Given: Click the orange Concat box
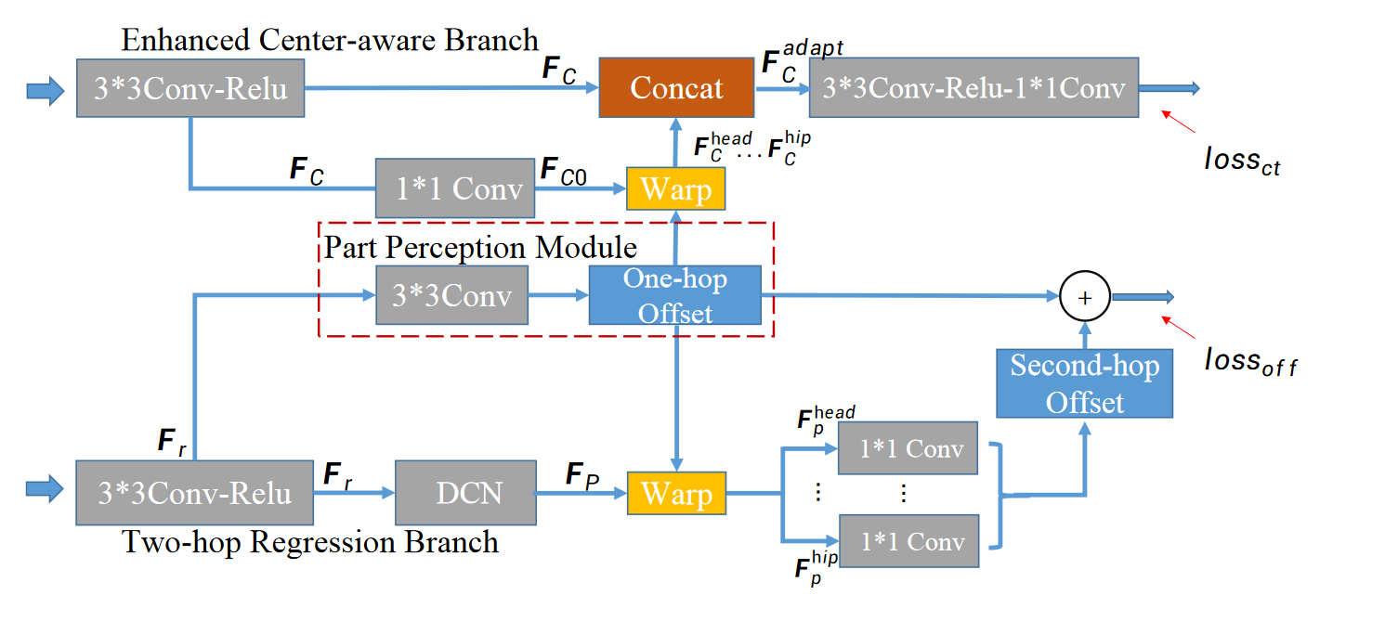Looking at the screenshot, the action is pos(676,87).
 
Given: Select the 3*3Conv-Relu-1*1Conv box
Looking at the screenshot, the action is pos(973,87).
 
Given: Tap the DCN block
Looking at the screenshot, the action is pos(465,493).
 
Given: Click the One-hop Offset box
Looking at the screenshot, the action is pos(675,295).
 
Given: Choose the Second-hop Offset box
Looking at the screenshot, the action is pos(1085,383).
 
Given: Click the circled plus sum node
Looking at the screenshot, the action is pos(1085,297).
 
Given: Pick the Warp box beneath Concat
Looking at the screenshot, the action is pos(676,188).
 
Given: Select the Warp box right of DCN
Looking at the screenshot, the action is pos(676,493).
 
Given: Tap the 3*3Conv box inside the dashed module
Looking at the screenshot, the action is pos(452,295).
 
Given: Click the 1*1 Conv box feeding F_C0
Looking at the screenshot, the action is pos(455,188).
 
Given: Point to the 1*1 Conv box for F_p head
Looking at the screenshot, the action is pos(908,448).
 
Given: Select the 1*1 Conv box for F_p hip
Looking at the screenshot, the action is pos(908,540).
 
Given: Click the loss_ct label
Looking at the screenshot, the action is pos(1242,161).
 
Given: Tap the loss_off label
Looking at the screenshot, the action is pos(1250,362).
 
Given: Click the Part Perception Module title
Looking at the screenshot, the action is pos(480,247).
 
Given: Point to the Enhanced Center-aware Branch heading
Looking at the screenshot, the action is pos(330,40).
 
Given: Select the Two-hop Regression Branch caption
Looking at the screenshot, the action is pos(309,542).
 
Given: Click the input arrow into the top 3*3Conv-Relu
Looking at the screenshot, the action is pos(46,91).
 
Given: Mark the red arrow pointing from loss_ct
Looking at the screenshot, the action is pos(1178,122).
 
